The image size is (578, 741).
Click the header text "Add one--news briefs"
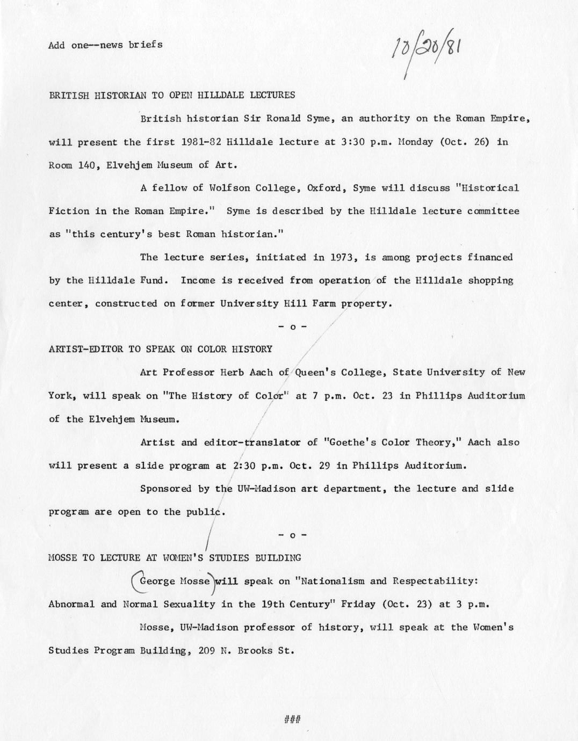click(x=105, y=45)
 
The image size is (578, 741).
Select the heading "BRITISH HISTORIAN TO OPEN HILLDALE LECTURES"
click(x=172, y=95)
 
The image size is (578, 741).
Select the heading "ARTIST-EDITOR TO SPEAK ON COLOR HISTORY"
click(x=161, y=349)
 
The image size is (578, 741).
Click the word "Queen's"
click(x=314, y=372)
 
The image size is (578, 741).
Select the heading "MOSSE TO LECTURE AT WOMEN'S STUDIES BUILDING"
click(x=175, y=557)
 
